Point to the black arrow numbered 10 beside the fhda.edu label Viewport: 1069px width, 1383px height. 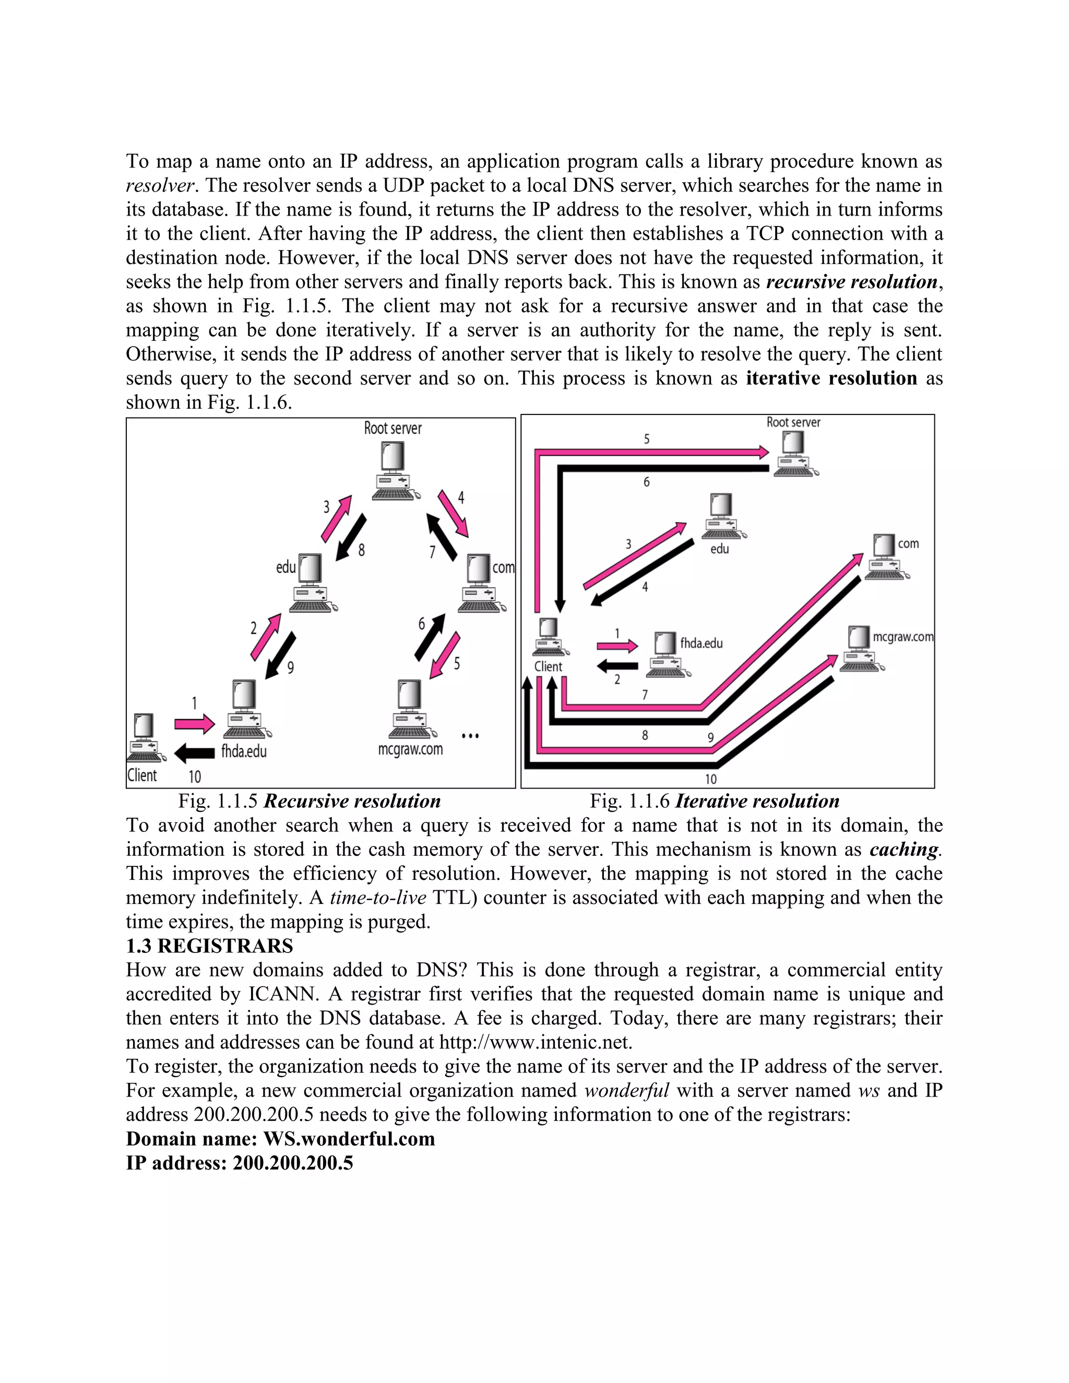(x=194, y=753)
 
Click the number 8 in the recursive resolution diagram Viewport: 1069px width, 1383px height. (x=362, y=550)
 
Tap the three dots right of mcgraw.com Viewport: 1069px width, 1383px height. (x=470, y=736)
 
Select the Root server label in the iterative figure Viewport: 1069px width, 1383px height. (x=793, y=422)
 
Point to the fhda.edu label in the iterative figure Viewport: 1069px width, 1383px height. (x=701, y=643)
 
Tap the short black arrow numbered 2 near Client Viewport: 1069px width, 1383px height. (x=617, y=665)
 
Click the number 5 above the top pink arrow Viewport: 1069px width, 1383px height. (x=647, y=439)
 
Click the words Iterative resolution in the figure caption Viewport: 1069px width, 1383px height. (x=757, y=802)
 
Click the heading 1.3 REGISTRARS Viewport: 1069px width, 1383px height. (x=210, y=946)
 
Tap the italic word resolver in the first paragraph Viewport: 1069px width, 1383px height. (x=159, y=186)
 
